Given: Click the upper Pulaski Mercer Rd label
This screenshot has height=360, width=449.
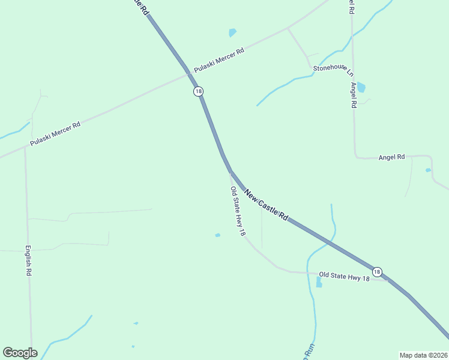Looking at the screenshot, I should [x=219, y=60].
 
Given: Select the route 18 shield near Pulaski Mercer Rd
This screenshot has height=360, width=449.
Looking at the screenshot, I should [x=199, y=91].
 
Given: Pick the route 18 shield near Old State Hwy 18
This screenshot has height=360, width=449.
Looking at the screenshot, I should [x=376, y=271].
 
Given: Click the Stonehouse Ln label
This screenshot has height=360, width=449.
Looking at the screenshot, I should [x=333, y=71].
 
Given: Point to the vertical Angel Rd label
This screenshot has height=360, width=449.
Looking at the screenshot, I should [x=354, y=95].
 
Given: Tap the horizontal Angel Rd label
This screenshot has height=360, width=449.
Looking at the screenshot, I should [x=391, y=157].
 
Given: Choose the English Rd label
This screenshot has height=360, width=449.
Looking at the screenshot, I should [x=28, y=260].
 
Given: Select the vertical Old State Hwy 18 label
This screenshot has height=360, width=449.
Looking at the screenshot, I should [x=237, y=211].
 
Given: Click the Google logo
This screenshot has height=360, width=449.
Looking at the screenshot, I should [x=20, y=353].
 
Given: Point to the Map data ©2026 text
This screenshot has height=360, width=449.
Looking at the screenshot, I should [x=423, y=355].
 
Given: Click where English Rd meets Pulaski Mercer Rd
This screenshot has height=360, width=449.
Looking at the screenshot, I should [x=25, y=146].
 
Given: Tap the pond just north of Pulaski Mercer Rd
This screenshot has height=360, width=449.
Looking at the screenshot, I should [x=232, y=32].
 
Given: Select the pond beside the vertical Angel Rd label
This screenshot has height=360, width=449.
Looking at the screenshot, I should [x=361, y=88].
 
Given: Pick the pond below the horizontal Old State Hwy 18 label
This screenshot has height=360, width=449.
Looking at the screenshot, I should [x=319, y=283].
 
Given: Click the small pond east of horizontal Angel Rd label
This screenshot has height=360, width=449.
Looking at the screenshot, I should [x=428, y=170].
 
